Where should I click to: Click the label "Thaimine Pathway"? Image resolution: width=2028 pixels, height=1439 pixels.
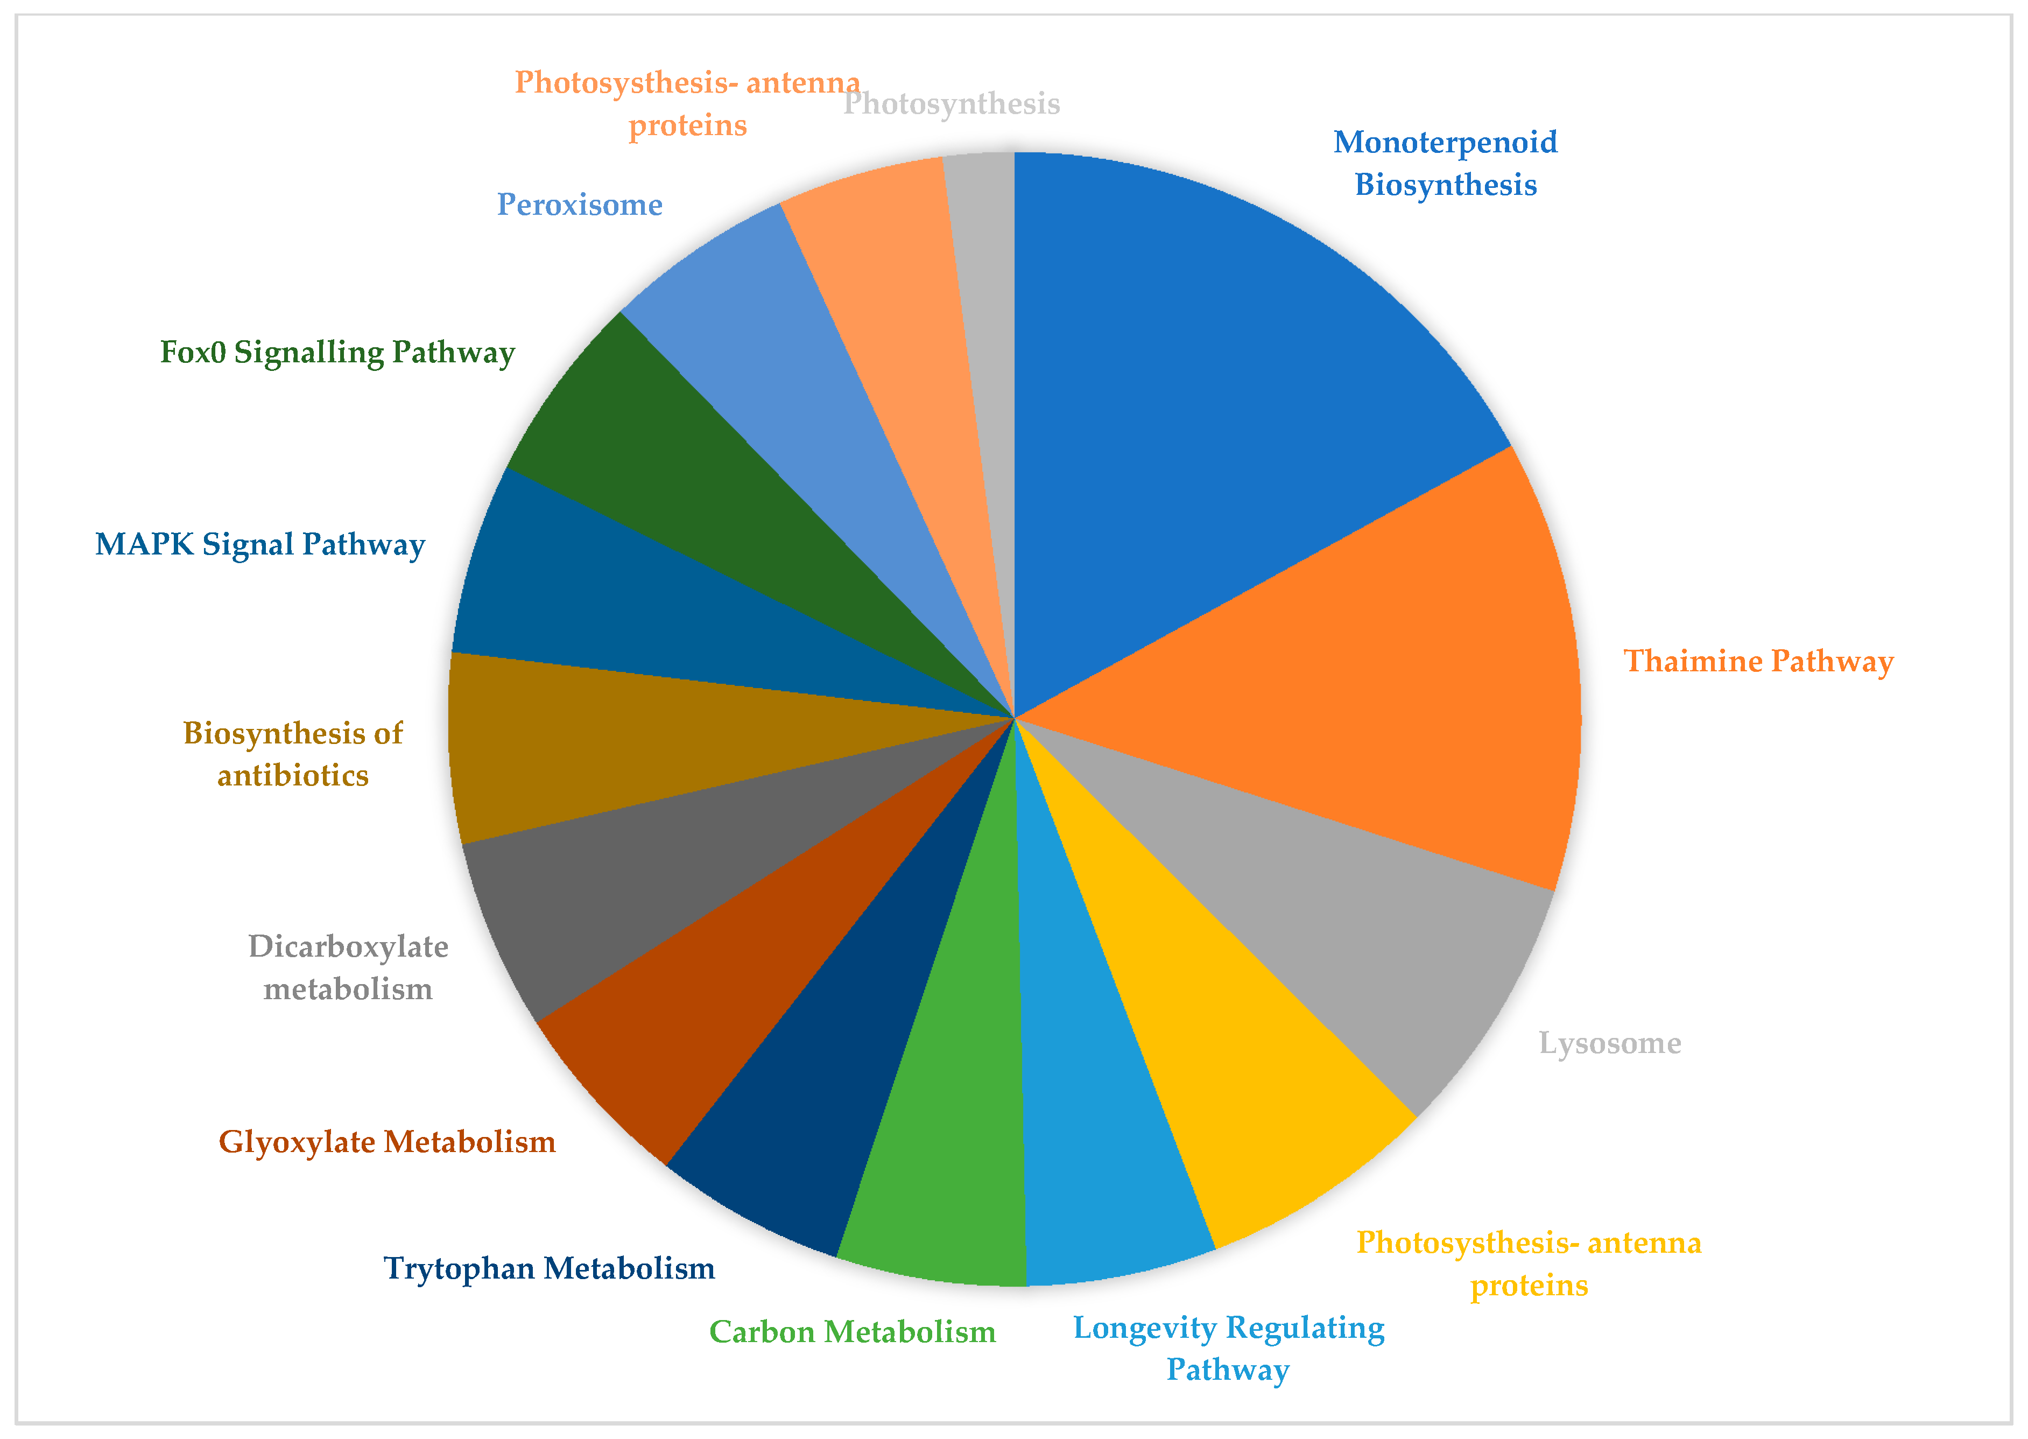click(x=1758, y=661)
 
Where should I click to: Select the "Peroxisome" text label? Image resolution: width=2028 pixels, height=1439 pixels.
click(x=580, y=205)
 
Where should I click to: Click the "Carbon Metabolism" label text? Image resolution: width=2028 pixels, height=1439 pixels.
click(x=853, y=1332)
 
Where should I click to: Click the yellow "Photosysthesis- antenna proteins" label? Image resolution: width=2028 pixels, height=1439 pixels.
click(x=1529, y=1263)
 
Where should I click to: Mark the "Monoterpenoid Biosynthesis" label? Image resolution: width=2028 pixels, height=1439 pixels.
click(x=1445, y=163)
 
